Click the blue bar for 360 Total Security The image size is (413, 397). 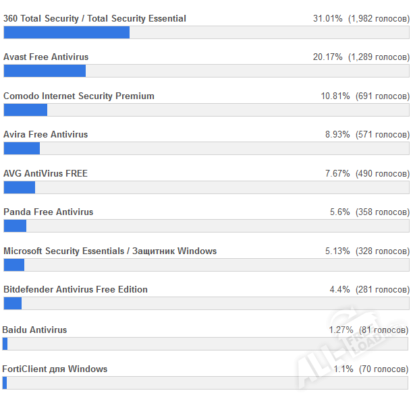[x=66, y=32]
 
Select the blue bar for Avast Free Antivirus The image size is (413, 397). [x=45, y=71]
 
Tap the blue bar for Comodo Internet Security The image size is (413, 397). [x=25, y=110]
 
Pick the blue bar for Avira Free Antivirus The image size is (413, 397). [x=22, y=148]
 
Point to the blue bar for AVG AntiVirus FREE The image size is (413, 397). [x=19, y=187]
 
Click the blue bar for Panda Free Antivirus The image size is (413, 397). [x=15, y=226]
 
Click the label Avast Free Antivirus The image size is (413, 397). [x=46, y=57]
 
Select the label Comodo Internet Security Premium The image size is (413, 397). [x=79, y=96]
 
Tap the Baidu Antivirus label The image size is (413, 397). [x=35, y=330]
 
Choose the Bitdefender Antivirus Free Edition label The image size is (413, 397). [x=76, y=289]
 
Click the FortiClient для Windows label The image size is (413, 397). [x=55, y=369]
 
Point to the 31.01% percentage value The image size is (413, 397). [x=327, y=19]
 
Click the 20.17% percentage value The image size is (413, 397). [x=327, y=57]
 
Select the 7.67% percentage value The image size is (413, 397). [x=337, y=174]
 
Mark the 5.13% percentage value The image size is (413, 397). [x=337, y=251]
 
